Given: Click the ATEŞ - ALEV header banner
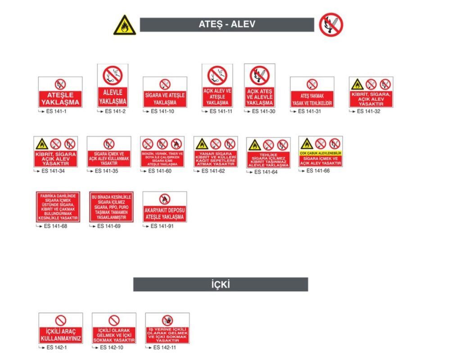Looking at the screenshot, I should (x=227, y=25).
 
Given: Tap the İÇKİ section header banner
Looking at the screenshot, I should (x=221, y=284).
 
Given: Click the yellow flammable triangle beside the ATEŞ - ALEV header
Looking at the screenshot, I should (x=124, y=26).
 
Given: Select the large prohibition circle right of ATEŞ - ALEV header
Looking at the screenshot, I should (x=331, y=25).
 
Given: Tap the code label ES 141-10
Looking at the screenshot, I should (x=162, y=111).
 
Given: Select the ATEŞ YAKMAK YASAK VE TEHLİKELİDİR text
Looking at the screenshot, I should (x=312, y=99).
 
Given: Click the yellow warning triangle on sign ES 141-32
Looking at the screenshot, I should (x=357, y=84).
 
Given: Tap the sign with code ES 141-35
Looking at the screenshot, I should (x=109, y=152).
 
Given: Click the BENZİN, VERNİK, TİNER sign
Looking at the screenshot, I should (x=162, y=152).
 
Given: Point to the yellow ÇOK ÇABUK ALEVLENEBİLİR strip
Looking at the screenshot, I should (x=320, y=153).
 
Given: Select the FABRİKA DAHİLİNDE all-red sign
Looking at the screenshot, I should (x=58, y=207).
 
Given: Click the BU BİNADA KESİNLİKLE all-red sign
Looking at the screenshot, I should (x=111, y=207).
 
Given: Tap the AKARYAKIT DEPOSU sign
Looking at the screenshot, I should (x=164, y=207).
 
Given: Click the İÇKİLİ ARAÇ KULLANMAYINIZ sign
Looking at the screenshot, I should (x=61, y=328).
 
